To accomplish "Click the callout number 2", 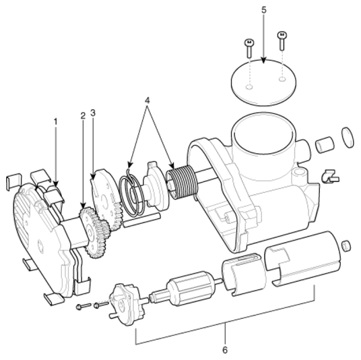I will pyautogui.click(x=83, y=115).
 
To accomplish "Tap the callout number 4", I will pyautogui.click(x=146, y=101).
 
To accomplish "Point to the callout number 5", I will pyautogui.click(x=264, y=10).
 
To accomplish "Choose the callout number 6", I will pyautogui.click(x=225, y=351).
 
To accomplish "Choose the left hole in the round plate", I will pyautogui.click(x=250, y=88).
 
